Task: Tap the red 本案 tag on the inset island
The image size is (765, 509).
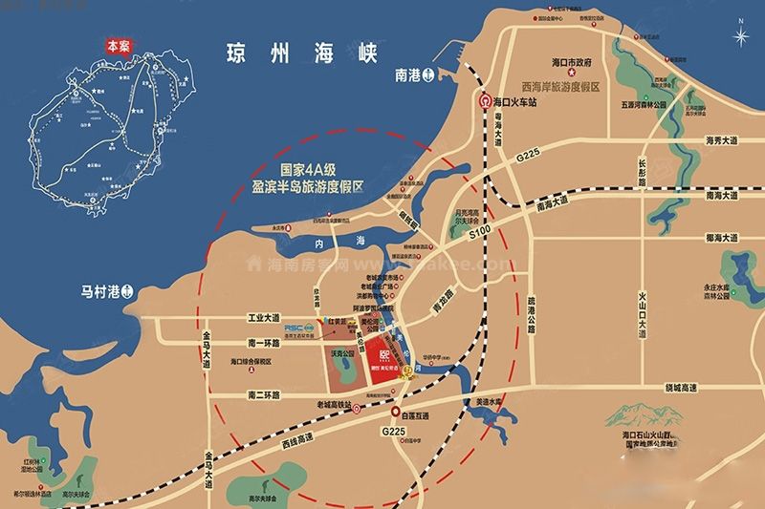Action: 116,44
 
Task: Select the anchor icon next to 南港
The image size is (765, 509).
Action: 429,73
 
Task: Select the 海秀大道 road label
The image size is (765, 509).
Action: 722,141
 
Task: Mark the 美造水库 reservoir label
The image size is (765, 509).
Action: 482,403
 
